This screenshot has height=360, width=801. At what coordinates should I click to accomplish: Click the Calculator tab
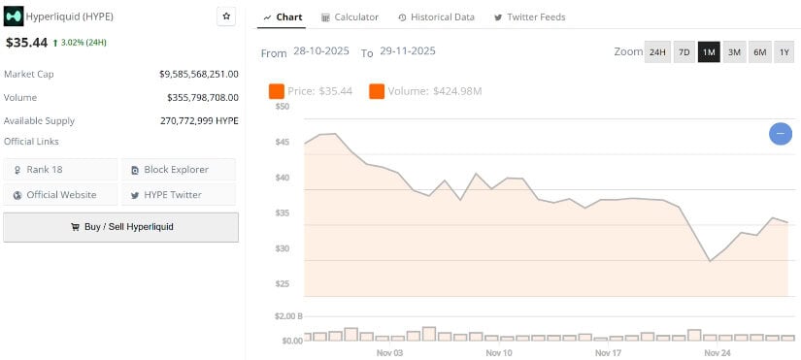coord(350,17)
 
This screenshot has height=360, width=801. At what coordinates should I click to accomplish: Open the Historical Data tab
coord(436,17)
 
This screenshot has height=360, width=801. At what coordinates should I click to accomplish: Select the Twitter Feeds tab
coord(529,17)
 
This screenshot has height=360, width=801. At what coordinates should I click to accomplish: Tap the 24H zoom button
coord(657,52)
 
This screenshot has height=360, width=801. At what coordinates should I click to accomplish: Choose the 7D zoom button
coord(684,52)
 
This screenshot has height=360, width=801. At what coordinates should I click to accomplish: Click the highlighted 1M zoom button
coord(709,52)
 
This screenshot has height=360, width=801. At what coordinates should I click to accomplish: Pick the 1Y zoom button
coord(784,52)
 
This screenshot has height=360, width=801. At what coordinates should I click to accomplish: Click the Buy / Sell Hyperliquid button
coord(120,227)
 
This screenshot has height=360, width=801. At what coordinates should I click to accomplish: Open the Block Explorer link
coord(179,170)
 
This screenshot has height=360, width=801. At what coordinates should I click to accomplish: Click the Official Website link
coord(60,195)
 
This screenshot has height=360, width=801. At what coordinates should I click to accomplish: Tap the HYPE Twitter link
coord(179,195)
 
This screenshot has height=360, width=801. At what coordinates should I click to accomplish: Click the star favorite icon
coord(226,16)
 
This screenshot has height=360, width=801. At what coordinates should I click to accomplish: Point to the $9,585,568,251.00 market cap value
coord(199,74)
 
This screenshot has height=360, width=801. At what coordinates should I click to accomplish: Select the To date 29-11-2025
coord(408,52)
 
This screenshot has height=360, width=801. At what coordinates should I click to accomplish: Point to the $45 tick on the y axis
coord(283,143)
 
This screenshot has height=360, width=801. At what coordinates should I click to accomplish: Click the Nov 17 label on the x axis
coord(608,352)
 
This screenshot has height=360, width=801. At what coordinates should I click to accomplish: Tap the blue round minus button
coord(781,134)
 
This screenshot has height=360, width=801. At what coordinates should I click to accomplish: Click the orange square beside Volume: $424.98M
coord(377,91)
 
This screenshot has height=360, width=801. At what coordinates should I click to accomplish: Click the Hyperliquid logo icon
coord(14,16)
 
